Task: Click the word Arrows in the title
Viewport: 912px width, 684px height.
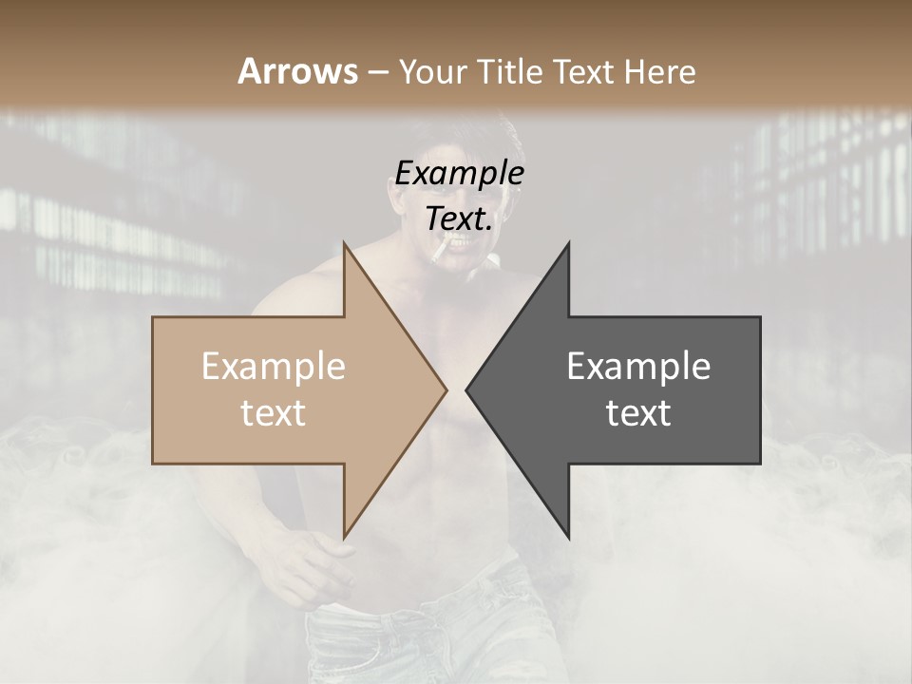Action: click(x=297, y=71)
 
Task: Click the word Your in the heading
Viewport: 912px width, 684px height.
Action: click(x=433, y=71)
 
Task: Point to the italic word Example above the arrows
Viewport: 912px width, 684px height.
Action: click(x=459, y=174)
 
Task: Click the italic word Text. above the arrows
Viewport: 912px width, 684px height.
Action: click(x=459, y=218)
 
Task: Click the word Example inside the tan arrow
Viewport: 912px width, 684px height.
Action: click(x=274, y=367)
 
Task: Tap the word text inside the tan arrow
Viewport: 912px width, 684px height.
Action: click(x=274, y=413)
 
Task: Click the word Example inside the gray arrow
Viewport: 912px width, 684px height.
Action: click(x=638, y=367)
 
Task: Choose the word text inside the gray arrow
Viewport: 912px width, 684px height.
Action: click(x=638, y=413)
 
